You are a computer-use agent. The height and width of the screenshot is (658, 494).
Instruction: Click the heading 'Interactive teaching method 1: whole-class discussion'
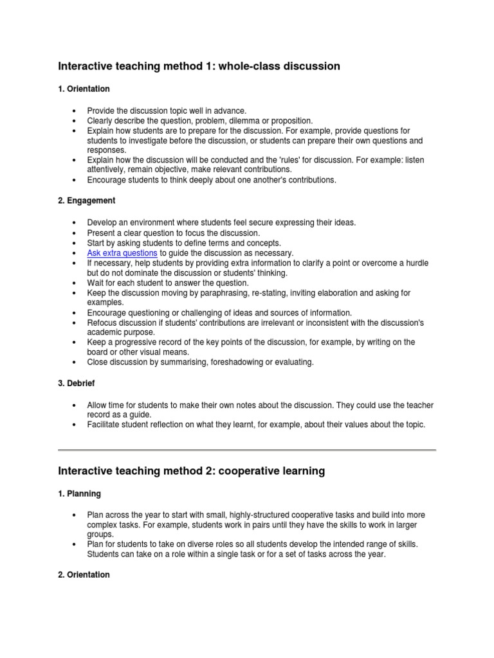(x=199, y=66)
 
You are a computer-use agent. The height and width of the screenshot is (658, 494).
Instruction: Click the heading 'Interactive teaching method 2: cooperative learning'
(x=191, y=471)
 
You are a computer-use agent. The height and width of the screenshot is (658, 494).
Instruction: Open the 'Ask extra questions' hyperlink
(x=122, y=253)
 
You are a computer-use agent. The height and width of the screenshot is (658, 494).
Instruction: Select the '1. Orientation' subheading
(x=84, y=89)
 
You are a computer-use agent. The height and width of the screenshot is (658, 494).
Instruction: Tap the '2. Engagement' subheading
(x=86, y=200)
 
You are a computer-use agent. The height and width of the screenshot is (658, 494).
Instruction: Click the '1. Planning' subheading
(x=79, y=493)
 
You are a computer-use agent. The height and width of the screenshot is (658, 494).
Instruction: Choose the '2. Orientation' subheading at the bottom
(x=84, y=574)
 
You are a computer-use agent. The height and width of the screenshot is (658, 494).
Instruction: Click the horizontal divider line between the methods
(x=247, y=449)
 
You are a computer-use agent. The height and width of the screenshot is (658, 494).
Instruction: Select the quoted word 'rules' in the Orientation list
(x=297, y=159)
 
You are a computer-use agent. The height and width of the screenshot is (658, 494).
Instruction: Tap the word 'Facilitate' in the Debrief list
(x=105, y=425)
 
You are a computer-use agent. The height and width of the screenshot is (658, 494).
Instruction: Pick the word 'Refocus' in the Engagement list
(x=102, y=322)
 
